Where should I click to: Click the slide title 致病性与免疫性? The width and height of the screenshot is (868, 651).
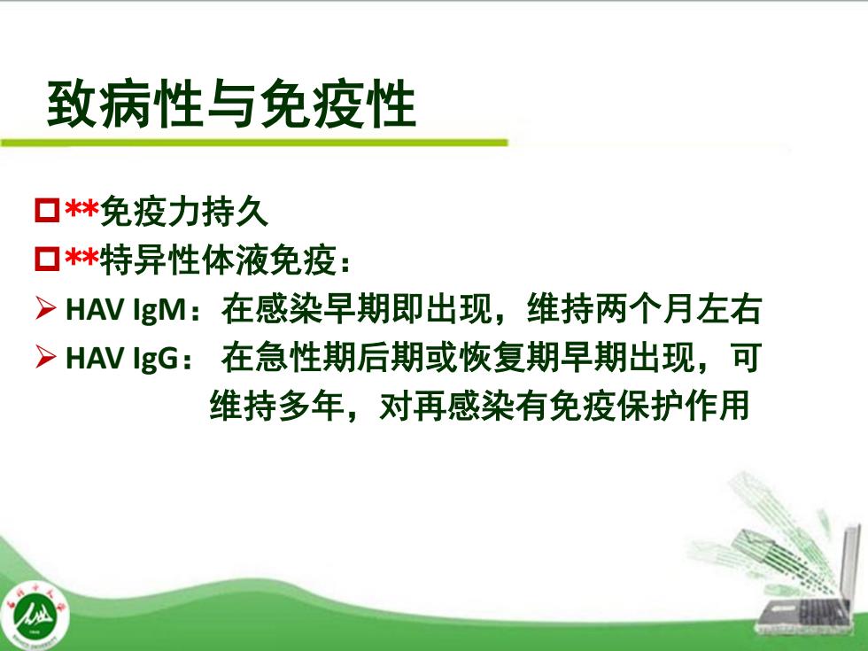pos(231,105)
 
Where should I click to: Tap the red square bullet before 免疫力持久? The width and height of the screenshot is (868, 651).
pos(47,211)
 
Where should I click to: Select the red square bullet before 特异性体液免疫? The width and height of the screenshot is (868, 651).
pos(47,259)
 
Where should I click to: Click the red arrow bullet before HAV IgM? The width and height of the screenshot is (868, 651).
pos(45,308)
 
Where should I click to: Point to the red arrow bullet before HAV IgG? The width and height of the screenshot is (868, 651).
pos(45,356)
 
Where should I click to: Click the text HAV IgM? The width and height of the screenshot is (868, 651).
pos(126,309)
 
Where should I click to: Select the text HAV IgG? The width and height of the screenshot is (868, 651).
pos(122,358)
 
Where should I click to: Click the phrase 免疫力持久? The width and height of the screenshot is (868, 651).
pos(184,212)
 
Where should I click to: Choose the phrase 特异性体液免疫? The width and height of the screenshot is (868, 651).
pos(218,260)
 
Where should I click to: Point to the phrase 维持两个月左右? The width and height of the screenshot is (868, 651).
pos(645,309)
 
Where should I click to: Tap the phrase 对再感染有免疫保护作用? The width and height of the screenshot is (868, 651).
pos(564,406)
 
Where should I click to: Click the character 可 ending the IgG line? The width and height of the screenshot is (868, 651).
pos(747,358)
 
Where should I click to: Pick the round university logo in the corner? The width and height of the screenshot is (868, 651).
pos(35,615)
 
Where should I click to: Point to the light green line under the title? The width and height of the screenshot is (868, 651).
pos(254,143)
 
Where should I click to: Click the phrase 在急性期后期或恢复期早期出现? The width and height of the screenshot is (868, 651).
pos(458,358)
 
